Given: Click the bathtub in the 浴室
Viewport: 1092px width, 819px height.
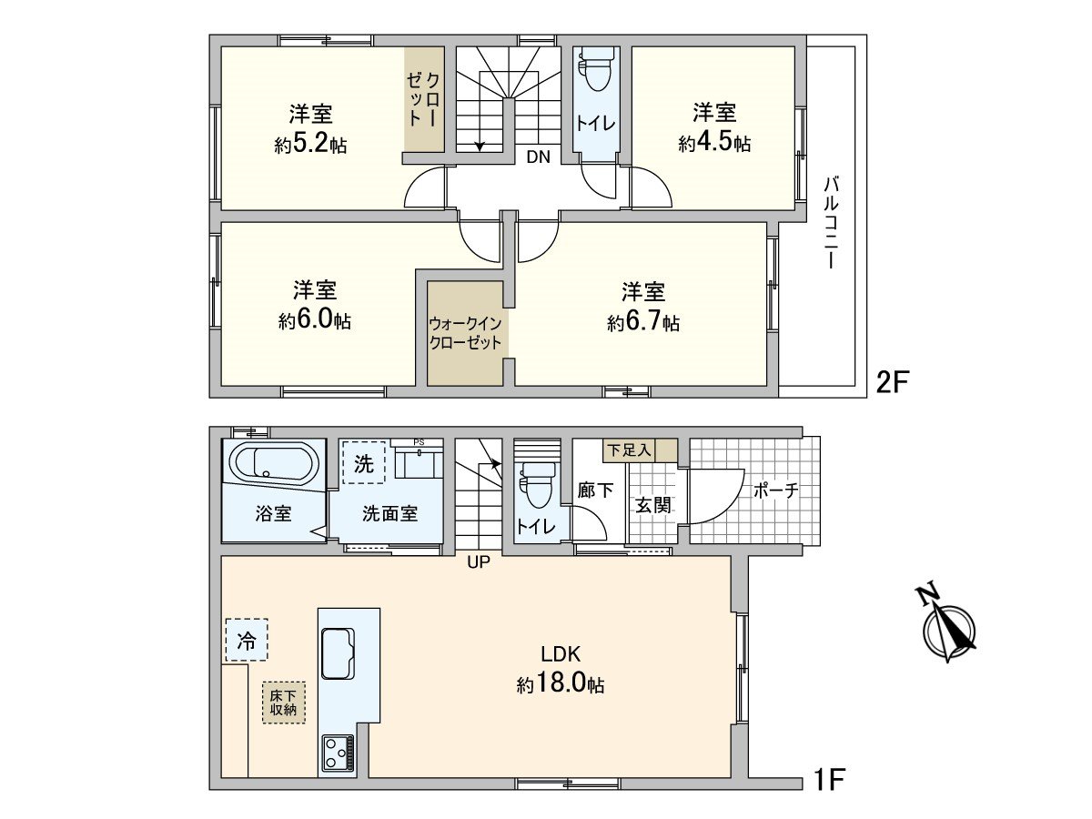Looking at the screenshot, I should [274, 464].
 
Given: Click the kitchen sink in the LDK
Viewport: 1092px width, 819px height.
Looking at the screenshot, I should [338, 652].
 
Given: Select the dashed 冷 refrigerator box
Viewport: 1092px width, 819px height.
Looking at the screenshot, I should [247, 640].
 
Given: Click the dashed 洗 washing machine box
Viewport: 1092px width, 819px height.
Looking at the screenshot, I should [364, 463].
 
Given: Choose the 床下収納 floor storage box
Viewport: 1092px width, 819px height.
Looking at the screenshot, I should [284, 702].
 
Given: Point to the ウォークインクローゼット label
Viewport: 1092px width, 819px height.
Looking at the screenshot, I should [465, 333].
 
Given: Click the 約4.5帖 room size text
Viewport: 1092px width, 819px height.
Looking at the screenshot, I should [714, 144].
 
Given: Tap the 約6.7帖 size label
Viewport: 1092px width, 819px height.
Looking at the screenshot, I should [643, 323].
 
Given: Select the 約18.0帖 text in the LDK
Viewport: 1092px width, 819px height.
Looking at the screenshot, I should [561, 684].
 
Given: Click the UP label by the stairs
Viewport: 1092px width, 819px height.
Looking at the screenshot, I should [478, 562].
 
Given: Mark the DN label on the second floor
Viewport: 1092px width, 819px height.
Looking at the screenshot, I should [538, 157].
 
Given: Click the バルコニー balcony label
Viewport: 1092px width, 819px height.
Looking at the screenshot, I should [830, 222].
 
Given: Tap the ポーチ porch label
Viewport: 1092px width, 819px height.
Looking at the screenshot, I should [776, 490].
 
